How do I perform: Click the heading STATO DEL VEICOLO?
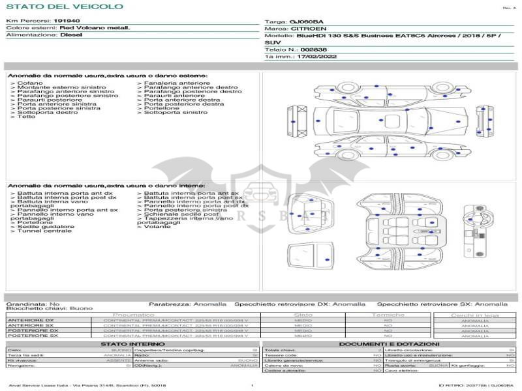pos(64,7)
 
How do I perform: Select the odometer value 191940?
pos(67,21)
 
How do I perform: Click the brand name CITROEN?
pos(305,29)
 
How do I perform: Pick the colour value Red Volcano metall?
pos(95,28)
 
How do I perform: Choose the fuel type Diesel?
pos(71,35)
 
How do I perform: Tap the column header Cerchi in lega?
pos(474,315)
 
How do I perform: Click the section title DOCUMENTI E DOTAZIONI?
pos(389,344)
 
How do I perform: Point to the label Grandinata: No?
pos(33,304)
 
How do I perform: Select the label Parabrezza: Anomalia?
pos(188,304)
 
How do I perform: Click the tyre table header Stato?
pos(303,315)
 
